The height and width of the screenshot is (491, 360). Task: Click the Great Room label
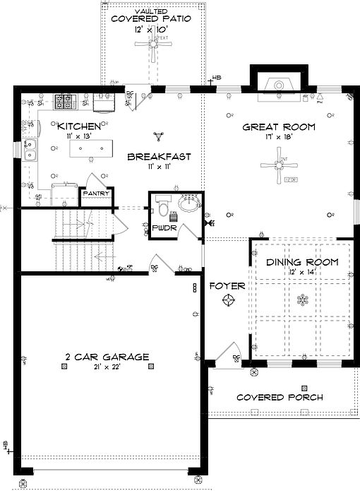[279, 127]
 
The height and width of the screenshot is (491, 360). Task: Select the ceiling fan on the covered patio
[152, 43]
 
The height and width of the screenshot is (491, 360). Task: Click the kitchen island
[90, 148]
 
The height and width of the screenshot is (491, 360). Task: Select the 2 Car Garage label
[107, 357]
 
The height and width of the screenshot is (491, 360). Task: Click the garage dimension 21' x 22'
[107, 367]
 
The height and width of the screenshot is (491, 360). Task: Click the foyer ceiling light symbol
[228, 301]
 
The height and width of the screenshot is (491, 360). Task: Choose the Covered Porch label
[280, 397]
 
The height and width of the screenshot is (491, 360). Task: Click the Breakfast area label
[160, 157]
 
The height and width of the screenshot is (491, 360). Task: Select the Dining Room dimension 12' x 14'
[303, 272]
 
